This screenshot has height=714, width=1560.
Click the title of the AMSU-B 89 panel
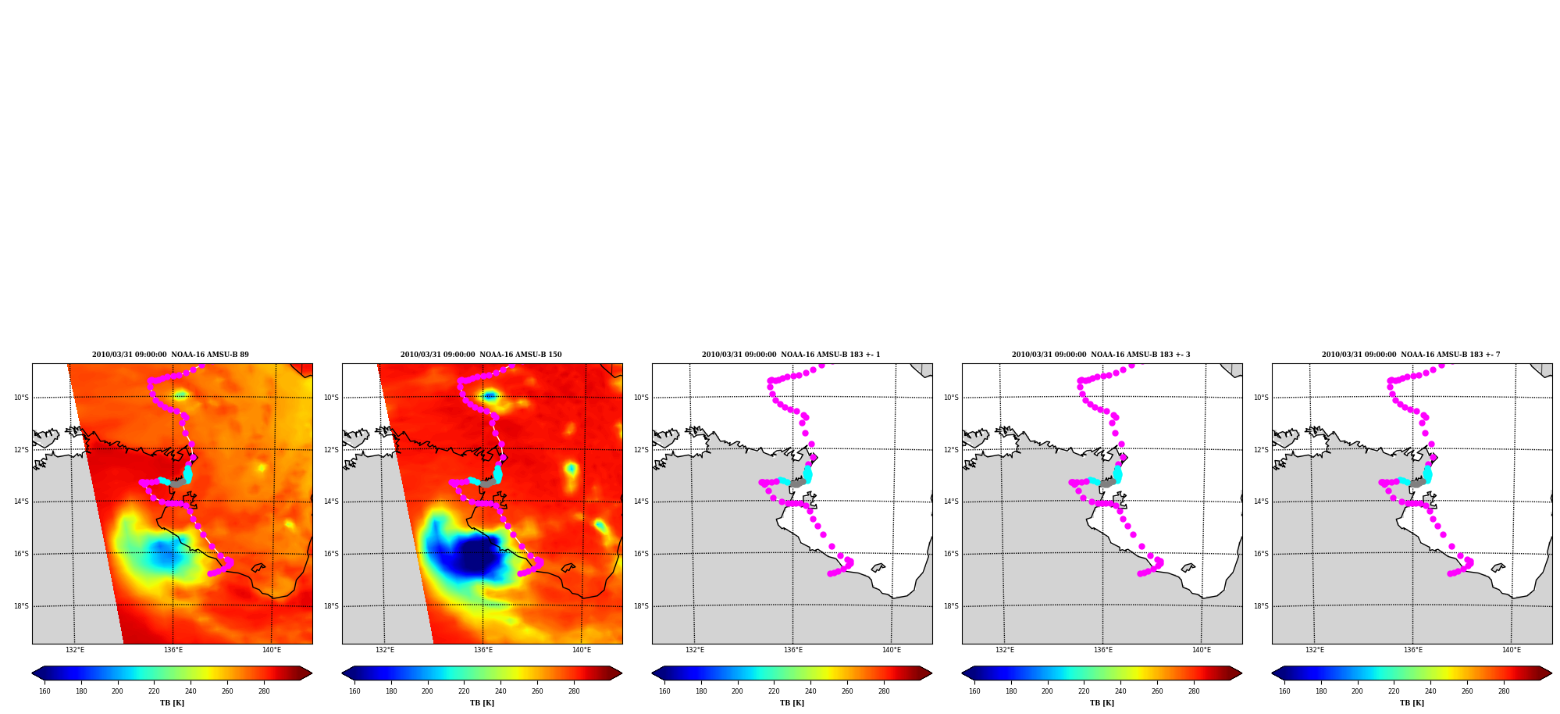tap(170, 355)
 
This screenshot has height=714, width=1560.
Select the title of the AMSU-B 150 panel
tap(481, 355)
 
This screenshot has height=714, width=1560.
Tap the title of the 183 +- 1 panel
tap(791, 355)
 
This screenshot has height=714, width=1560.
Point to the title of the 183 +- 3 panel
tap(1101, 355)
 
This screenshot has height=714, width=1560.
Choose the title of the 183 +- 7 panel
tap(1411, 355)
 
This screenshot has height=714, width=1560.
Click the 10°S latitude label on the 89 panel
tap(21, 398)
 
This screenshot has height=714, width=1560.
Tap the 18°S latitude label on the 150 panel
tap(331, 606)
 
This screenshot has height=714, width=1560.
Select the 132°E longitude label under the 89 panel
tap(75, 650)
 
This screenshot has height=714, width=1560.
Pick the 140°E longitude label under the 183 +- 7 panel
tap(1512, 650)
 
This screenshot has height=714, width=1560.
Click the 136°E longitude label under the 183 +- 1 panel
tap(793, 650)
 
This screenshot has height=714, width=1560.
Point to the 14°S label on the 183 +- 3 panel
tap(951, 502)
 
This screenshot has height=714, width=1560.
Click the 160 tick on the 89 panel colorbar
tap(45, 691)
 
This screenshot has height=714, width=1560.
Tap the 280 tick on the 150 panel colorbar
tap(574, 691)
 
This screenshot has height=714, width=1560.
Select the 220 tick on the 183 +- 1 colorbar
tap(774, 691)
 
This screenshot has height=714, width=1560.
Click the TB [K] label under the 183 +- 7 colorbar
tap(1412, 703)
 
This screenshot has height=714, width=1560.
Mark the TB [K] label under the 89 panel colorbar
tap(172, 703)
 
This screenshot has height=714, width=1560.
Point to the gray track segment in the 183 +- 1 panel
tap(798, 483)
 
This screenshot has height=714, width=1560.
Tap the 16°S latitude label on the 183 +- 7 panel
tap(1261, 554)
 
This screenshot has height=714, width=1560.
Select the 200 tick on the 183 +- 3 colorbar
tap(1047, 691)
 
